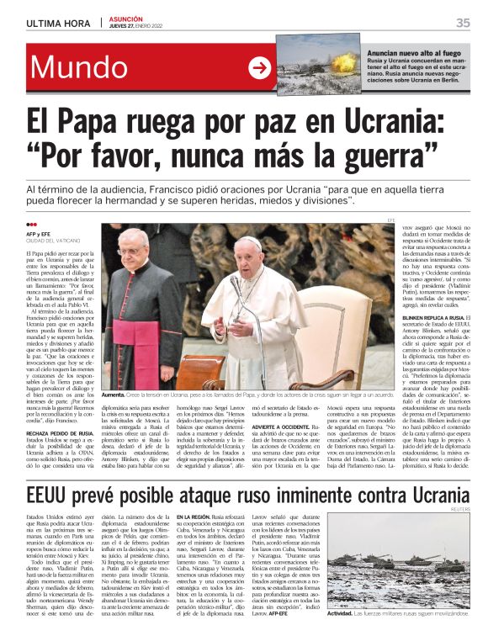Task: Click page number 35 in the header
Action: click(463, 23)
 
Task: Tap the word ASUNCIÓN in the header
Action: click(125, 19)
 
